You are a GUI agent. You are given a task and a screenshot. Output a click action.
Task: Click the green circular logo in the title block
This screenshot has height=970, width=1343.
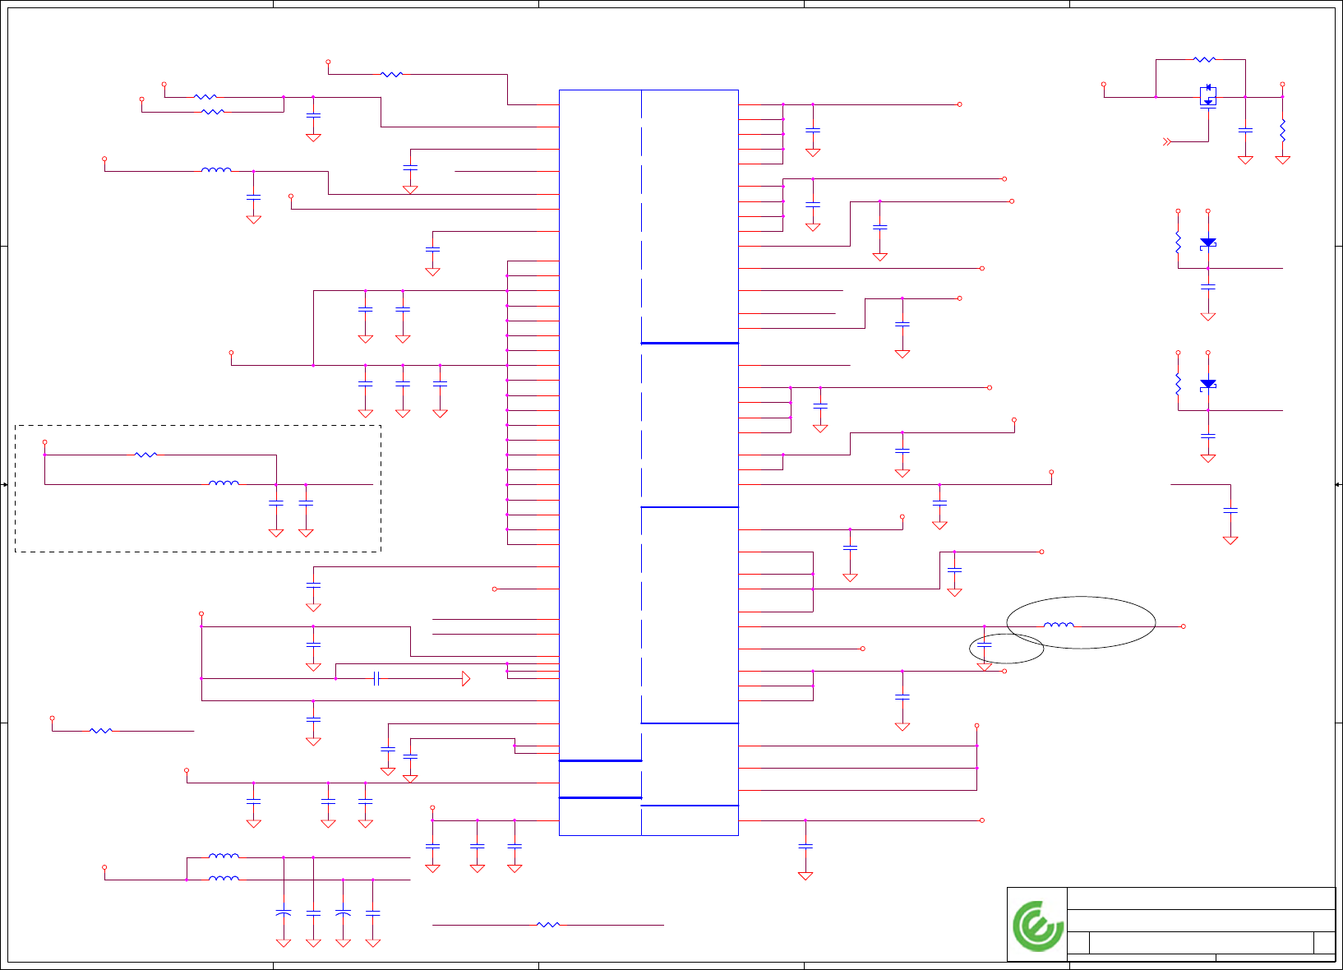[1038, 926]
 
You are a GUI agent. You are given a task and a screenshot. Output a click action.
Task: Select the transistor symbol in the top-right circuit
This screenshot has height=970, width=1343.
[1207, 96]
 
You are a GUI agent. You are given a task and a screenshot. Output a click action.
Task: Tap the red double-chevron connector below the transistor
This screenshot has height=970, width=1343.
[1166, 142]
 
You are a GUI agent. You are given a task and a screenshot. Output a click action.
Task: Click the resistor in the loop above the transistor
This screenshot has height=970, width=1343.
[1204, 59]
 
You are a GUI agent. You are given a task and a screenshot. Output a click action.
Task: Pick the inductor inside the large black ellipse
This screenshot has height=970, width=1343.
[1058, 626]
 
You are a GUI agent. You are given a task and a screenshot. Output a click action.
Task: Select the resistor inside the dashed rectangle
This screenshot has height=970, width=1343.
[145, 454]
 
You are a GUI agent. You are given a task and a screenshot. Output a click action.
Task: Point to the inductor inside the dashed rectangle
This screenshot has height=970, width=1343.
[224, 483]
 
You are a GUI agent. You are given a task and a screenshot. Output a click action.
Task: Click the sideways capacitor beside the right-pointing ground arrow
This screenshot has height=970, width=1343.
[376, 678]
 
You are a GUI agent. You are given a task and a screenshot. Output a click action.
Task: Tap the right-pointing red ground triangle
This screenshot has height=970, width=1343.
[466, 678]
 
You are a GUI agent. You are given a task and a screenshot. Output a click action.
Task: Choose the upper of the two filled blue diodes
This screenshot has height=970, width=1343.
[1207, 243]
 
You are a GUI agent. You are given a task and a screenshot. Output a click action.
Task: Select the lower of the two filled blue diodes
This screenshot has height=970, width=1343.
[1207, 384]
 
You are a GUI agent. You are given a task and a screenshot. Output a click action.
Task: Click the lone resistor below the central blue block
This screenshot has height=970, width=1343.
[547, 925]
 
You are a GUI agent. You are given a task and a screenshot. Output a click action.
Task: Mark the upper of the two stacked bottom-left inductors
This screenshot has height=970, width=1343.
[224, 857]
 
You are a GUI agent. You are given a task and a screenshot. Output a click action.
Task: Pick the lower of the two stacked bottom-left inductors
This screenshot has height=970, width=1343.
[224, 879]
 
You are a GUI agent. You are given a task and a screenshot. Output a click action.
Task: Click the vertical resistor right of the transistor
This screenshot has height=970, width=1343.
[1282, 129]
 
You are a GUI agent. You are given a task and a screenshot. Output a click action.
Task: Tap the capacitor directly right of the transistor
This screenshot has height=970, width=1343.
[1245, 130]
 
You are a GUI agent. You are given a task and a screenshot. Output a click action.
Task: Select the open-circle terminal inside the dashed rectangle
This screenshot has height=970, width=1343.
[44, 442]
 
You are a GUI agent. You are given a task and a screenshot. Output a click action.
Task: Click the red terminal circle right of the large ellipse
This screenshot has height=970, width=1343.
[1183, 626]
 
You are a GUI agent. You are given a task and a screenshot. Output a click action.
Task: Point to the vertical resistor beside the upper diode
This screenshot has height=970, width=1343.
[1178, 242]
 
